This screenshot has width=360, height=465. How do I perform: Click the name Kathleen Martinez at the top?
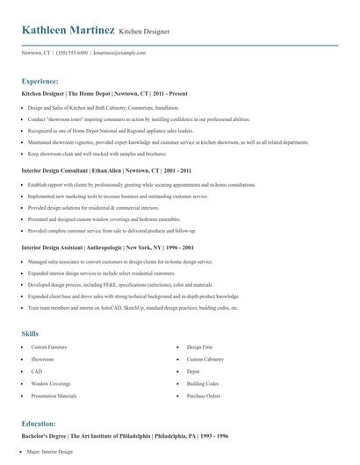68,31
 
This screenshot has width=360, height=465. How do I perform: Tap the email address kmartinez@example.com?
119,53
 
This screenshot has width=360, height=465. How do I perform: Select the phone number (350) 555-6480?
71,53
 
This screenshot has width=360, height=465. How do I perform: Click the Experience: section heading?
40,81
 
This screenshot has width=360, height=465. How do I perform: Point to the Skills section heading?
30,334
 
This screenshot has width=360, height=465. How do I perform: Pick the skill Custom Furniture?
48,347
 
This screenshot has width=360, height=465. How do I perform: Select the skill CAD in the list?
37,372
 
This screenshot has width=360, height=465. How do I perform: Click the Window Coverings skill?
50,384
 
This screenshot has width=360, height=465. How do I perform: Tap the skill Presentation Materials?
54,397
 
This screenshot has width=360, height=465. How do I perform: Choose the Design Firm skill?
200,347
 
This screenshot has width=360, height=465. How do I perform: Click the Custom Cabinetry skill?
206,360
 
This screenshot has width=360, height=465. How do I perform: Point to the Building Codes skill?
203,384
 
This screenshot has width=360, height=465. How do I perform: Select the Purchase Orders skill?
204,397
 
